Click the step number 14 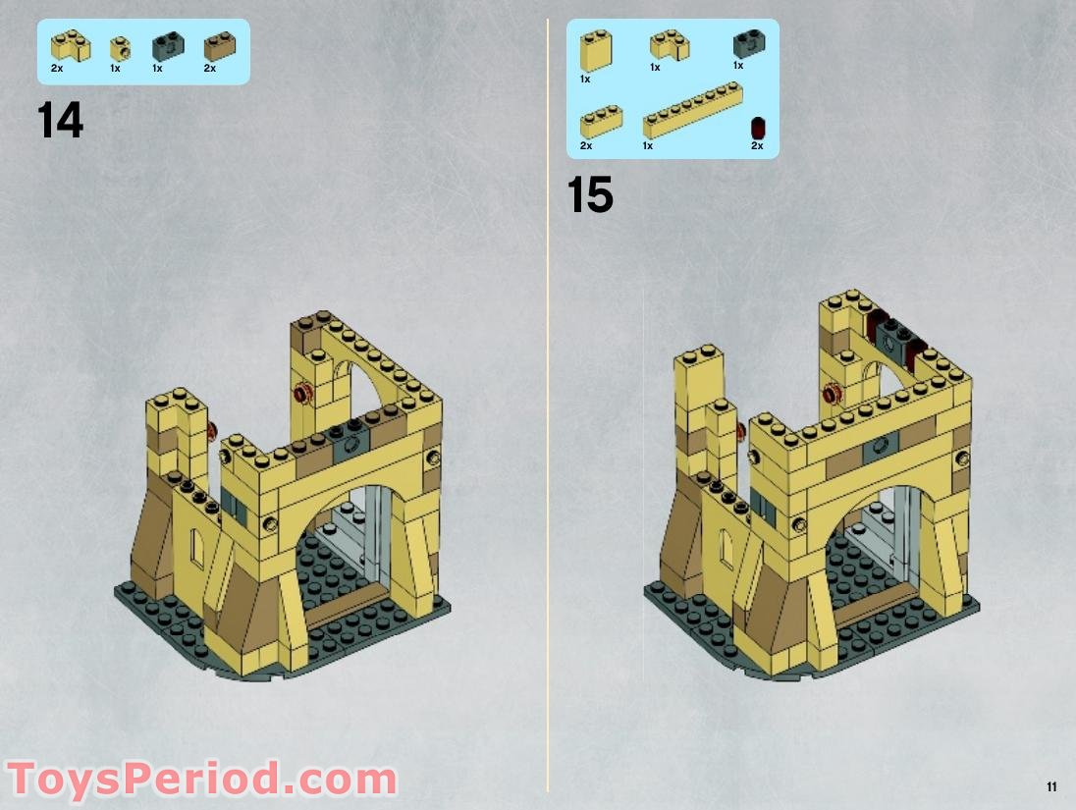(x=61, y=121)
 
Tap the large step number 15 (x=590, y=195)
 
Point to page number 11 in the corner (x=1051, y=786)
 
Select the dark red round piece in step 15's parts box (x=757, y=128)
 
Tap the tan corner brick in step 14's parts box (x=71, y=45)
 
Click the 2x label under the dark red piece (x=757, y=146)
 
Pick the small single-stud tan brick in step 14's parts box (x=118, y=47)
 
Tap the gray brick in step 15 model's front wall (x=876, y=452)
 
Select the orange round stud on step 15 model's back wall (x=834, y=395)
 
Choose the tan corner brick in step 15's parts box (x=669, y=45)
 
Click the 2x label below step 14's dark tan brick (x=209, y=68)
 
